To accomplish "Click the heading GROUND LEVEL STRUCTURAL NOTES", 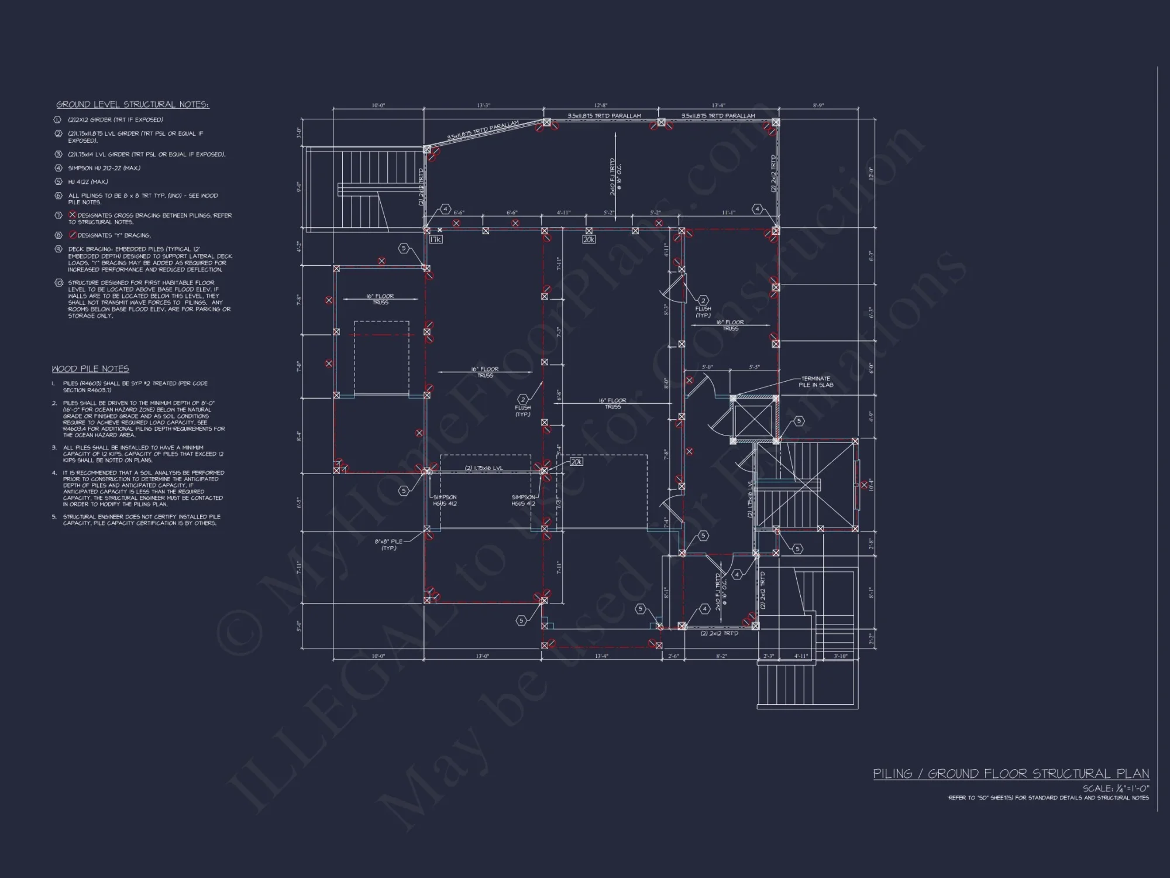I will tap(132, 105).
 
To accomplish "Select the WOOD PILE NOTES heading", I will tap(90, 369).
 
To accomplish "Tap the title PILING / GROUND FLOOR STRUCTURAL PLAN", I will tap(1010, 774).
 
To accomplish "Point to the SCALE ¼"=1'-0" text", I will tap(1115, 788).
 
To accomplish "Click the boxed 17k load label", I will tap(435, 239).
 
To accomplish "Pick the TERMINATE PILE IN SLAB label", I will tap(817, 382).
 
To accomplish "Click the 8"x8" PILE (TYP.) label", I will tap(388, 544).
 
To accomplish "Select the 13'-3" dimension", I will tap(483, 105).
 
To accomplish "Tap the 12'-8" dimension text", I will tap(601, 105).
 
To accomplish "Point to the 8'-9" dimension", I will tap(818, 105).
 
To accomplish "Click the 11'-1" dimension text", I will tap(728, 213).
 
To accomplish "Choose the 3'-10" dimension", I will tap(841, 656).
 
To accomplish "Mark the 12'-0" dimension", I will tap(871, 173).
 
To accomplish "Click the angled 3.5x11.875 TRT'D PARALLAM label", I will tap(483, 131).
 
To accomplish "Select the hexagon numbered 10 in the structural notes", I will tap(58, 283).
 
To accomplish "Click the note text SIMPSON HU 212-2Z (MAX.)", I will tap(104, 168).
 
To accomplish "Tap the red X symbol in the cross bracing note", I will tap(73, 215).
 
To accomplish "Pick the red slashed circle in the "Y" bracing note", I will tap(73, 235).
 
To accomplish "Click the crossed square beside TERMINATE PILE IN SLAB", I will tap(754, 419).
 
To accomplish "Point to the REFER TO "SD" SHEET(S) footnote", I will tap(1048, 798).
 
